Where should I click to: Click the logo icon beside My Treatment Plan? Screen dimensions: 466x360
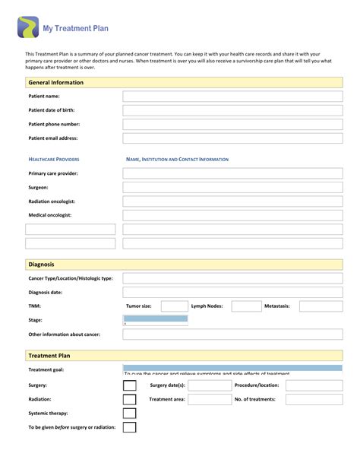[x=28, y=27]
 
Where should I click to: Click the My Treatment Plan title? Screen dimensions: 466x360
[x=74, y=27]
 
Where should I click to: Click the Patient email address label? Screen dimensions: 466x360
[x=53, y=138]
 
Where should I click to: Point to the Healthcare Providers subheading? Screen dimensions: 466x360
[x=54, y=160]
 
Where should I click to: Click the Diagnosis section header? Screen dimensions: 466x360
[x=41, y=265]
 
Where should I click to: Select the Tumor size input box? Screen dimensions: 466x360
[x=174, y=306]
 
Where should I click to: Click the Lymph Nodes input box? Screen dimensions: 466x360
[x=245, y=306]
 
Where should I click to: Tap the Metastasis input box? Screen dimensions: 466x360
[x=321, y=306]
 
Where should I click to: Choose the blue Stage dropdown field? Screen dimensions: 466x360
[x=155, y=319]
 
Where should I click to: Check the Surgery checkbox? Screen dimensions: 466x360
[x=130, y=385]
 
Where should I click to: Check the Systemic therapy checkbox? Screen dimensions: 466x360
[x=130, y=414]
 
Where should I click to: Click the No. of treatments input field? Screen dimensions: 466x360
[x=314, y=399]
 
